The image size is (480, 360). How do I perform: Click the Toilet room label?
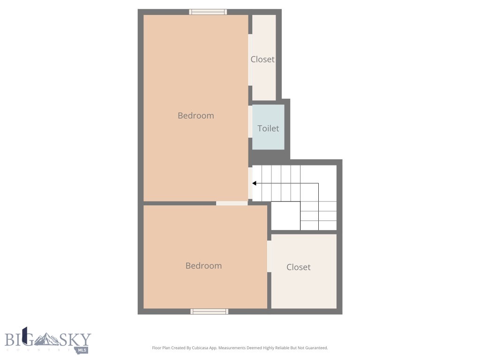coord(268,128)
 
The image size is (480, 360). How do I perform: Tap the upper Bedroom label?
coord(195,116)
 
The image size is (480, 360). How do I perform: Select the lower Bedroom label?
coord(203,266)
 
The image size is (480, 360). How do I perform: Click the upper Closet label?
coord(262,60)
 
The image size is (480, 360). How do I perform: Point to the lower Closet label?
coord(299,267)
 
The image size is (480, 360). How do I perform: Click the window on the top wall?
coord(208,12)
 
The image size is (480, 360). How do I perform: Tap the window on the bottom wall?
coord(210,311)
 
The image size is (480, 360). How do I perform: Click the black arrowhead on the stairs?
coord(254,183)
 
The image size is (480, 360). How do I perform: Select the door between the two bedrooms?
coord(232,203)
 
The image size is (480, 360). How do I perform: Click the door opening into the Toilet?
coord(250,121)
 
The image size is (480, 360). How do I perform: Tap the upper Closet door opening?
coord(250,60)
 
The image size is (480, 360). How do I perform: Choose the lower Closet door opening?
coord(270,256)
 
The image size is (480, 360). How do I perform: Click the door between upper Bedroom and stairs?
coord(250,183)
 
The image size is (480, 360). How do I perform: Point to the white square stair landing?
coord(285,216)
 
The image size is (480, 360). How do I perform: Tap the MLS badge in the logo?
coord(82,349)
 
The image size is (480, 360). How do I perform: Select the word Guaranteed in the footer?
coord(315,348)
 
